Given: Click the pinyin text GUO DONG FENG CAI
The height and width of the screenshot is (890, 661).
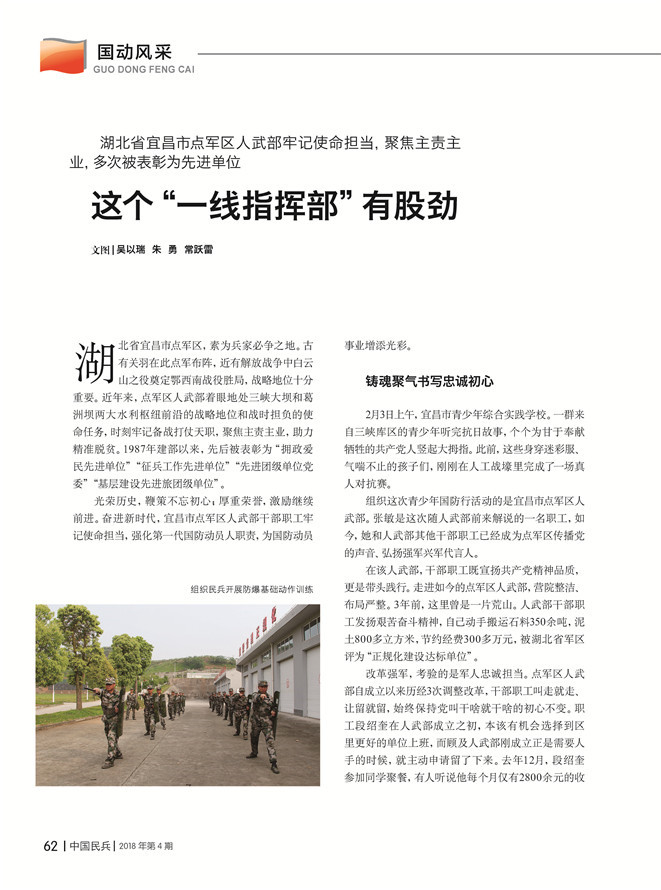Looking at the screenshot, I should pos(143,70).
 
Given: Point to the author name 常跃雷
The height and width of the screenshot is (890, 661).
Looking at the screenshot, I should pos(198,250).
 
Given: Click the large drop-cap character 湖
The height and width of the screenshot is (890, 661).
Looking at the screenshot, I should pos(95,362).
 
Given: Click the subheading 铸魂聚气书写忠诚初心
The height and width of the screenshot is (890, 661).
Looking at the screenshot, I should pos(430,382).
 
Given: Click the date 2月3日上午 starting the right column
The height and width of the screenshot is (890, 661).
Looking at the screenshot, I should pos(390,413).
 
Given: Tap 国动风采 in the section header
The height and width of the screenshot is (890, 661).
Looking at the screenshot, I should pos(135,49).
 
